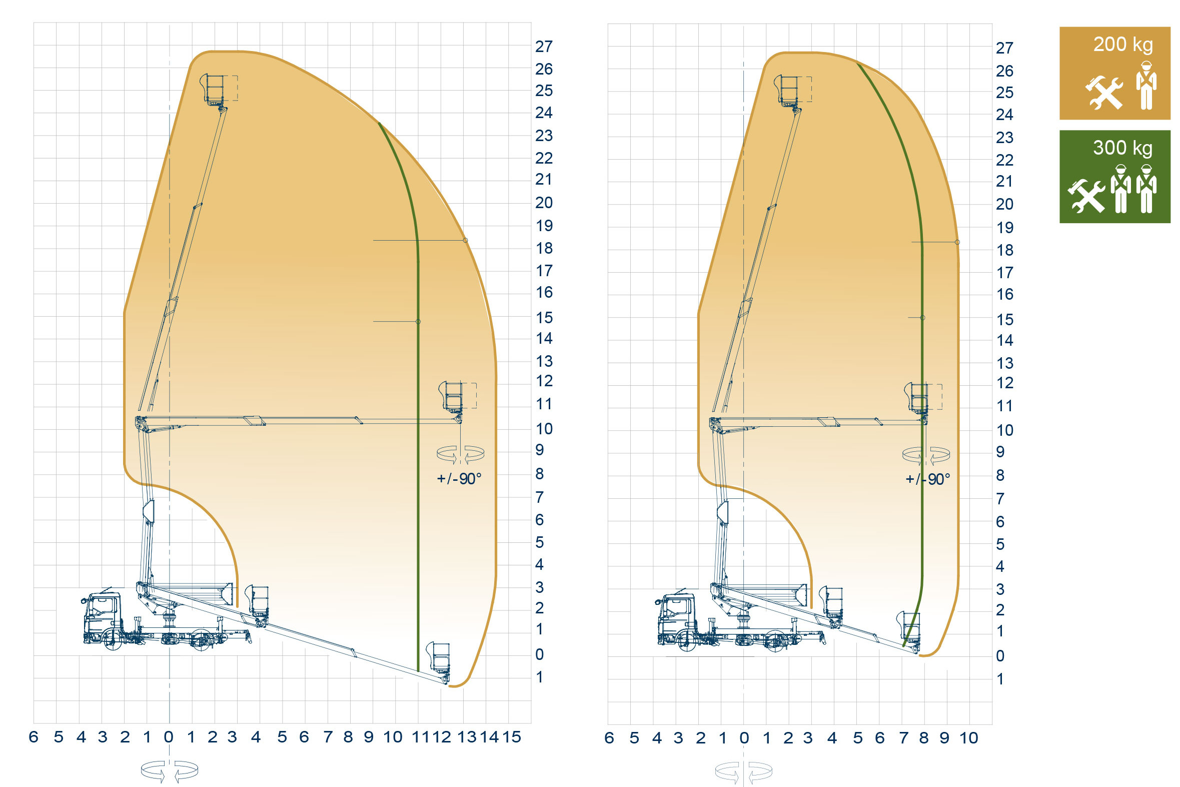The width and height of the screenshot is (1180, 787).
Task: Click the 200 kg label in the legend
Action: [1123, 45]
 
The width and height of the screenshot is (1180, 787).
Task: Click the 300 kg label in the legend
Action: [1123, 148]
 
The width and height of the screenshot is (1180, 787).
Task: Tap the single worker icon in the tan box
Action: [1146, 86]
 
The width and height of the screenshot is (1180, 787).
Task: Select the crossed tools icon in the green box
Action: [1086, 196]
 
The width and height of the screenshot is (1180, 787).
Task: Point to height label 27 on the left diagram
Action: [544, 47]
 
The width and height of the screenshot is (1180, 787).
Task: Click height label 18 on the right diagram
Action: [1005, 250]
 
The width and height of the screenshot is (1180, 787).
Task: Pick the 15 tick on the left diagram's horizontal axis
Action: [512, 737]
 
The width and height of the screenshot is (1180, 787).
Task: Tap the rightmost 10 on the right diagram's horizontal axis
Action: [969, 738]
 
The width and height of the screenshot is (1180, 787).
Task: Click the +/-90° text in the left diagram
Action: [459, 478]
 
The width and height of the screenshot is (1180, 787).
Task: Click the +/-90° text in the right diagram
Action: [928, 479]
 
